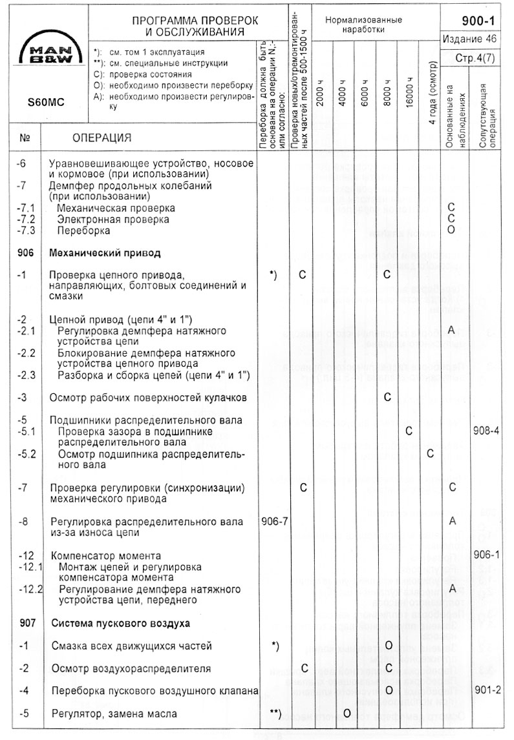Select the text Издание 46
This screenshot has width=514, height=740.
click(x=470, y=39)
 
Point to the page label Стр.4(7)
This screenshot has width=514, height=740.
click(x=476, y=57)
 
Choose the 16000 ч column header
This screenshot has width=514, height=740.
click(x=409, y=94)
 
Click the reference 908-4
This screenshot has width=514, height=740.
click(x=487, y=431)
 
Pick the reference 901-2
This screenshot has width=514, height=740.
click(x=487, y=690)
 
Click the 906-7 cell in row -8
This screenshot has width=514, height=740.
click(x=273, y=521)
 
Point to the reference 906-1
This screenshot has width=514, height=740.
click(x=487, y=555)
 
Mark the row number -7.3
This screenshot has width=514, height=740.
click(x=27, y=231)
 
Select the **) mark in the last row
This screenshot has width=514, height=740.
click(x=273, y=713)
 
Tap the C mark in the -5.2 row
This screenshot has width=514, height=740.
click(x=430, y=453)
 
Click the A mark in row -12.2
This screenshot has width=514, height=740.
click(x=453, y=589)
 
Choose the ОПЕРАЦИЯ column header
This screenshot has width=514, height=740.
click(x=102, y=138)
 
